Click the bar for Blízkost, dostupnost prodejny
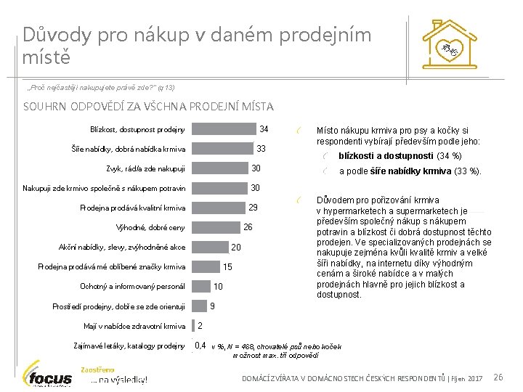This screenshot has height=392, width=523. coord(224,130)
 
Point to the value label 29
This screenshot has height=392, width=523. coord(253,208)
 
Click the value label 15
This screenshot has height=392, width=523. coord(227,266)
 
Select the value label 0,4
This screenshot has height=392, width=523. coord(200,345)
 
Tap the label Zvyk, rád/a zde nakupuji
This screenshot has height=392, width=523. coord(145,169)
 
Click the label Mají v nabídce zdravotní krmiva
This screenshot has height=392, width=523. coord(134,326)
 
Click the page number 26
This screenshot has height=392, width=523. coord(498,377)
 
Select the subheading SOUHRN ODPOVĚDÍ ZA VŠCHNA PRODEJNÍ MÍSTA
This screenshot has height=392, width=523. coord(148,107)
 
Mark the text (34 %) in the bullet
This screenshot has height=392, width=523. coord(449,156)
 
